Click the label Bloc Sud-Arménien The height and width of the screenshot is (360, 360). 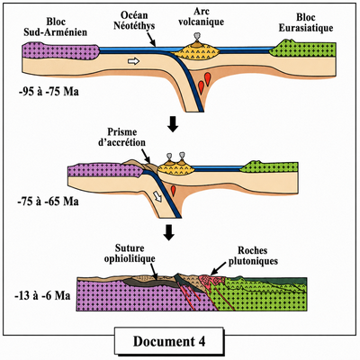(x=56, y=27)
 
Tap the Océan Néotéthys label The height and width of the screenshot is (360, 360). (x=134, y=21)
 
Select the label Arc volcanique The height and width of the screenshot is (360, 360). (x=202, y=17)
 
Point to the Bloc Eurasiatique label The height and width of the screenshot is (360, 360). (x=306, y=22)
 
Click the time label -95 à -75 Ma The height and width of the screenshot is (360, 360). (x=49, y=92)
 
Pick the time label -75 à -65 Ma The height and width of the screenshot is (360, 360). (x=49, y=202)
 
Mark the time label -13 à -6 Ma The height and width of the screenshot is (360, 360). (x=42, y=296)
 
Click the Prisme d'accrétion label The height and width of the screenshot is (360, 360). (x=121, y=137)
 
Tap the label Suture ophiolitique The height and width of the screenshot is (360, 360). (x=130, y=254)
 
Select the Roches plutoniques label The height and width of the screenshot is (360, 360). (x=253, y=256)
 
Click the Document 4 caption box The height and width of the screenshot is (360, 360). (x=169, y=340)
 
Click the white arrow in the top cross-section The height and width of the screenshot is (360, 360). (x=134, y=61)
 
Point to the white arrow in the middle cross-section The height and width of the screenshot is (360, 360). (x=157, y=197)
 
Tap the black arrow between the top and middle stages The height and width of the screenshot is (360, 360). (x=173, y=126)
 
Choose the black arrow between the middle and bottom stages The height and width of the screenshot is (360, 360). (x=169, y=232)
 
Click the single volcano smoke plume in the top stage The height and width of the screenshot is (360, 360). (x=197, y=37)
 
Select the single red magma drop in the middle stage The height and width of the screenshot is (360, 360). (x=173, y=190)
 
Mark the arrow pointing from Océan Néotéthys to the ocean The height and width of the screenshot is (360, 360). (x=151, y=40)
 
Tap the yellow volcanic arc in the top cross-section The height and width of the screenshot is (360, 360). (x=196, y=51)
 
